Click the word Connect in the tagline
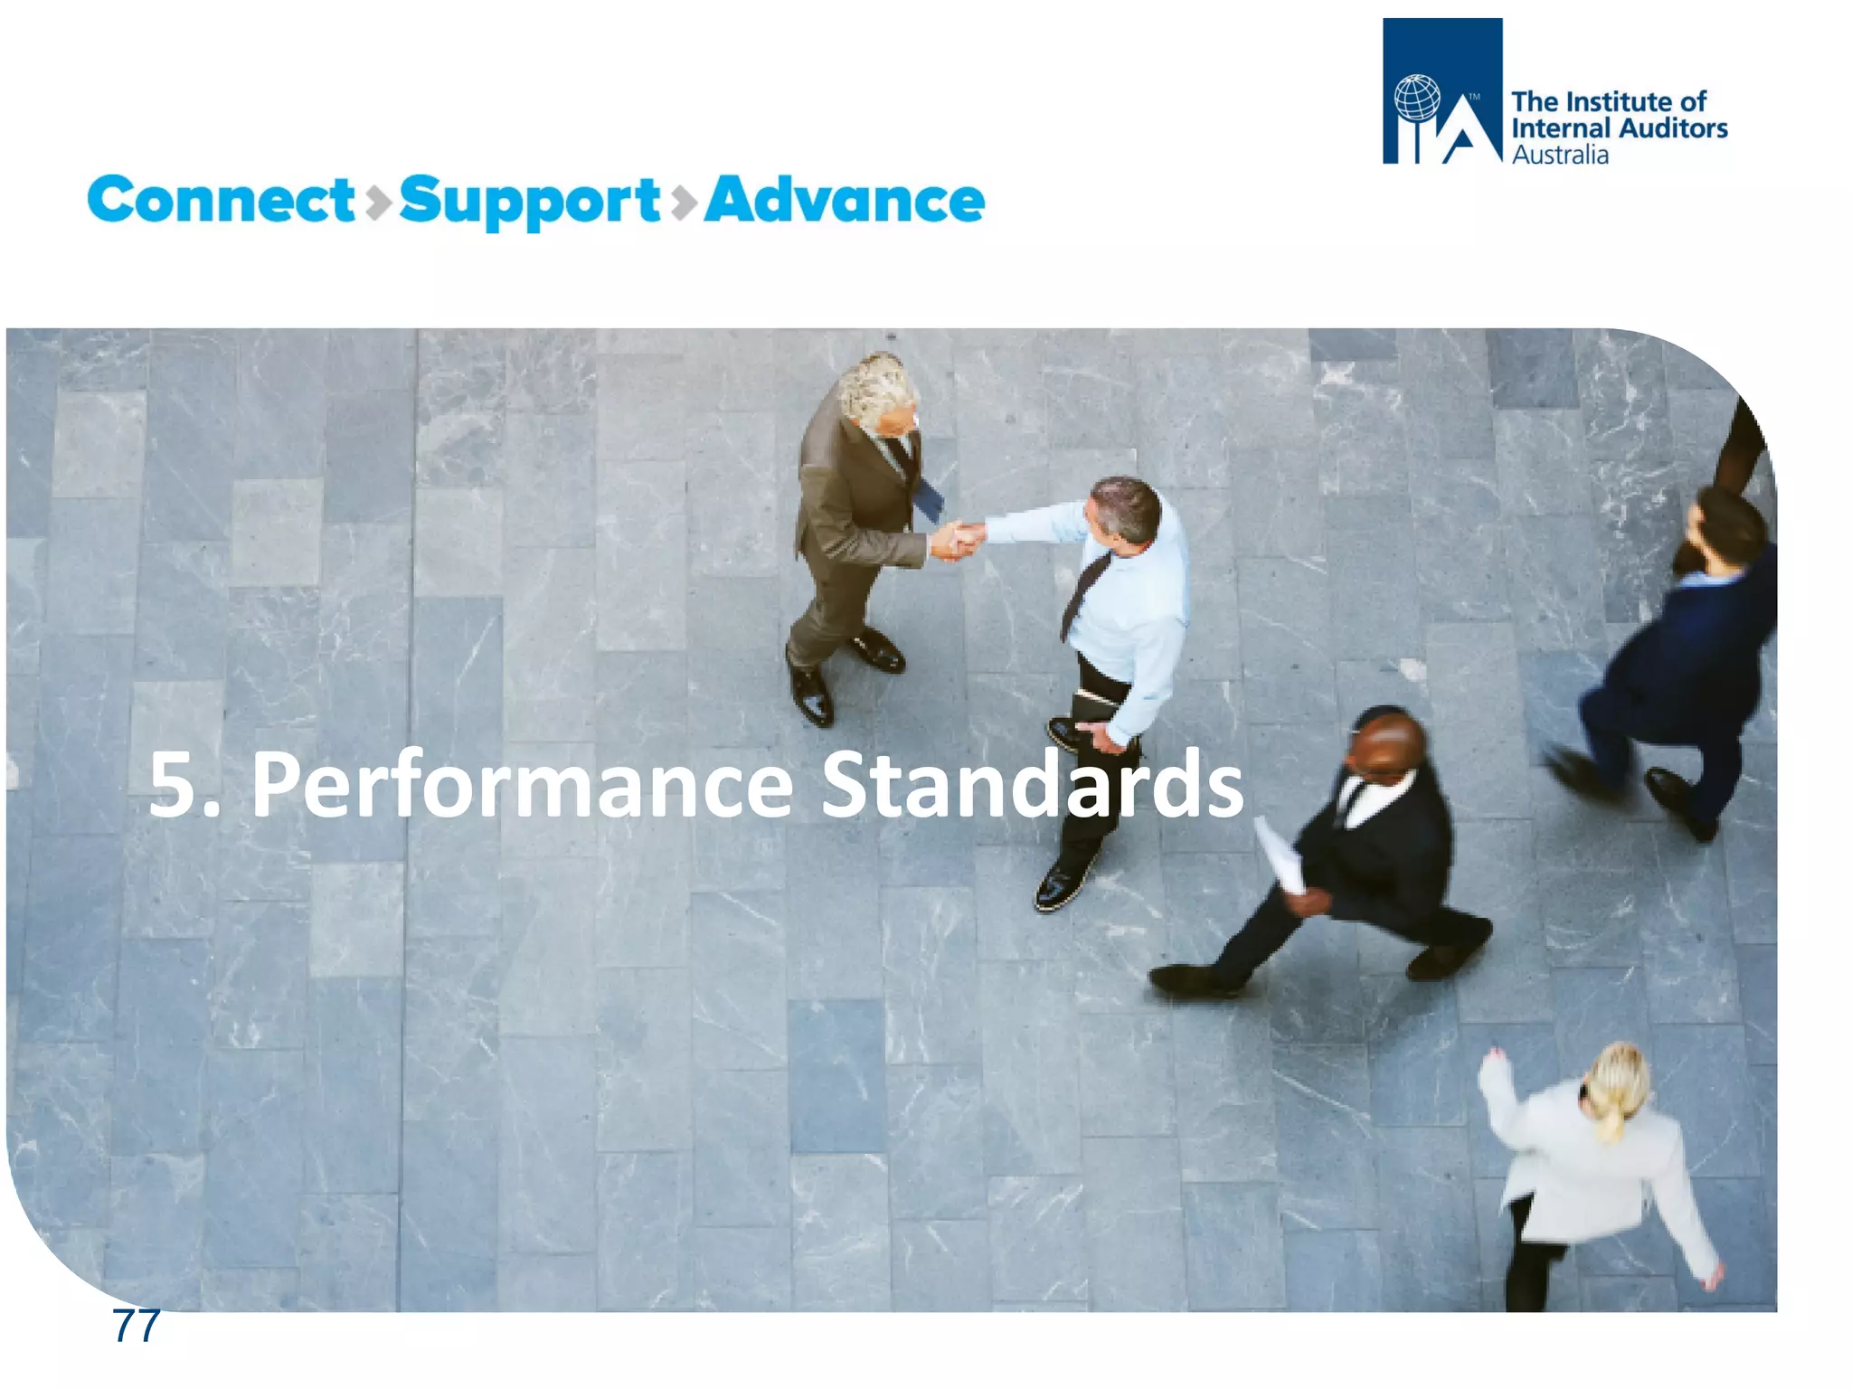[221, 200]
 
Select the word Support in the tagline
[529, 202]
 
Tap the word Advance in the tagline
[844, 200]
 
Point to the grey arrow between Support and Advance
[684, 202]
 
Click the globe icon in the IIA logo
[1417, 99]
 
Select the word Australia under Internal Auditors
[1560, 156]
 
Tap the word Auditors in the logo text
[1675, 128]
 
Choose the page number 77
[136, 1326]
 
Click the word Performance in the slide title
[522, 784]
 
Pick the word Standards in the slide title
[1032, 784]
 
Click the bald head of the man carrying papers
[1386, 742]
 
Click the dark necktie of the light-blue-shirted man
[1085, 592]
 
